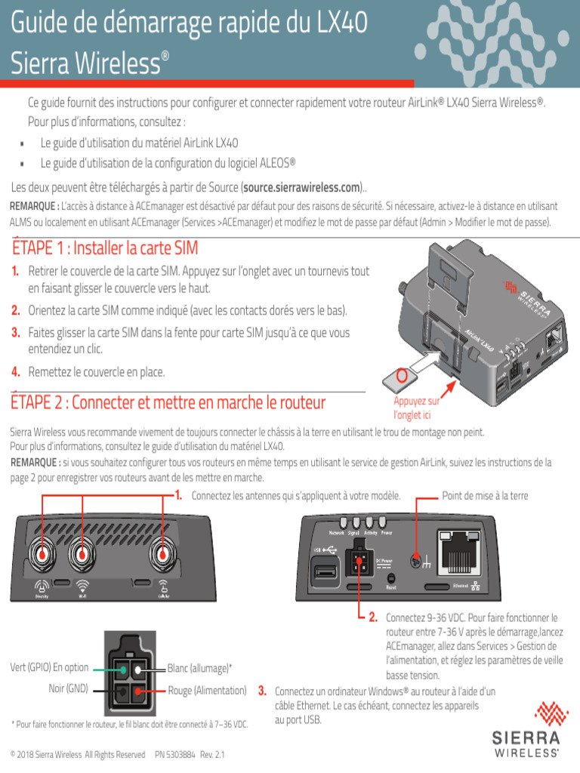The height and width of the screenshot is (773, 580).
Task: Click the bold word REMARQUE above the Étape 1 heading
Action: click(33, 206)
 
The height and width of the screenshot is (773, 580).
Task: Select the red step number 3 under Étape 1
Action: click(15, 333)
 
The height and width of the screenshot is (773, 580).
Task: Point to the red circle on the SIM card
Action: click(403, 375)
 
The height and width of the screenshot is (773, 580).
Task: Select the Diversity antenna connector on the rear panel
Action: click(43, 556)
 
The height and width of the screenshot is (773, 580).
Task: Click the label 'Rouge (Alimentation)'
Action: click(207, 690)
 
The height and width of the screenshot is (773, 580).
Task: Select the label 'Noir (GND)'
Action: click(69, 688)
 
